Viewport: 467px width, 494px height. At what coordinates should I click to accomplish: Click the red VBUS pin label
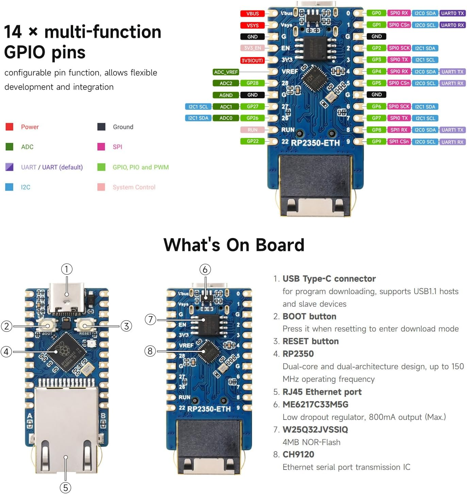(x=252, y=14)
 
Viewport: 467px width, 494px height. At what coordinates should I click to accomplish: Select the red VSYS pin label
(x=252, y=25)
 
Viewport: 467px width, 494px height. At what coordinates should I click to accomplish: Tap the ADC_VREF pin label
(x=226, y=72)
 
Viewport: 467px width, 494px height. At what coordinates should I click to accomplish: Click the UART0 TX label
(x=452, y=13)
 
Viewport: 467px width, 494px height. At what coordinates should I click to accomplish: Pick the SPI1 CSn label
(x=399, y=141)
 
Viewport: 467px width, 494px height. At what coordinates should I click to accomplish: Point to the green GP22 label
(x=252, y=141)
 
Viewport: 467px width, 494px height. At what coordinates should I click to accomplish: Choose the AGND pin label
(x=226, y=95)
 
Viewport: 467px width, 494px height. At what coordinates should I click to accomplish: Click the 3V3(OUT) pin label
(x=252, y=61)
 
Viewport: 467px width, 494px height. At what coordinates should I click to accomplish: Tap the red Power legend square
(x=10, y=127)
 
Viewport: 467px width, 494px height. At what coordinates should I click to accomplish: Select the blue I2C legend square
(x=10, y=187)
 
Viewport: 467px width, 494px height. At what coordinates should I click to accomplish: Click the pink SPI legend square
(x=101, y=147)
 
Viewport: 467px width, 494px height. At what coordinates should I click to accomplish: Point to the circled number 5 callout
(x=66, y=488)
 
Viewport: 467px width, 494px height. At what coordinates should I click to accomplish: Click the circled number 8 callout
(x=150, y=351)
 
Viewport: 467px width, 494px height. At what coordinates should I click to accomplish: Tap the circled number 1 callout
(x=67, y=269)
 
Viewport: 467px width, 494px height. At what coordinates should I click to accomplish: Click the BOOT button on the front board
(x=48, y=326)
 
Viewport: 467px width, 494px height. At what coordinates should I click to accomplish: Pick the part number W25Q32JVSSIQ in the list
(x=315, y=430)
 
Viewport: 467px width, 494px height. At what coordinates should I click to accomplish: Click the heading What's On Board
(x=234, y=245)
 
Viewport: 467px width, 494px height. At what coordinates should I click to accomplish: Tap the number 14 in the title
(x=13, y=32)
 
